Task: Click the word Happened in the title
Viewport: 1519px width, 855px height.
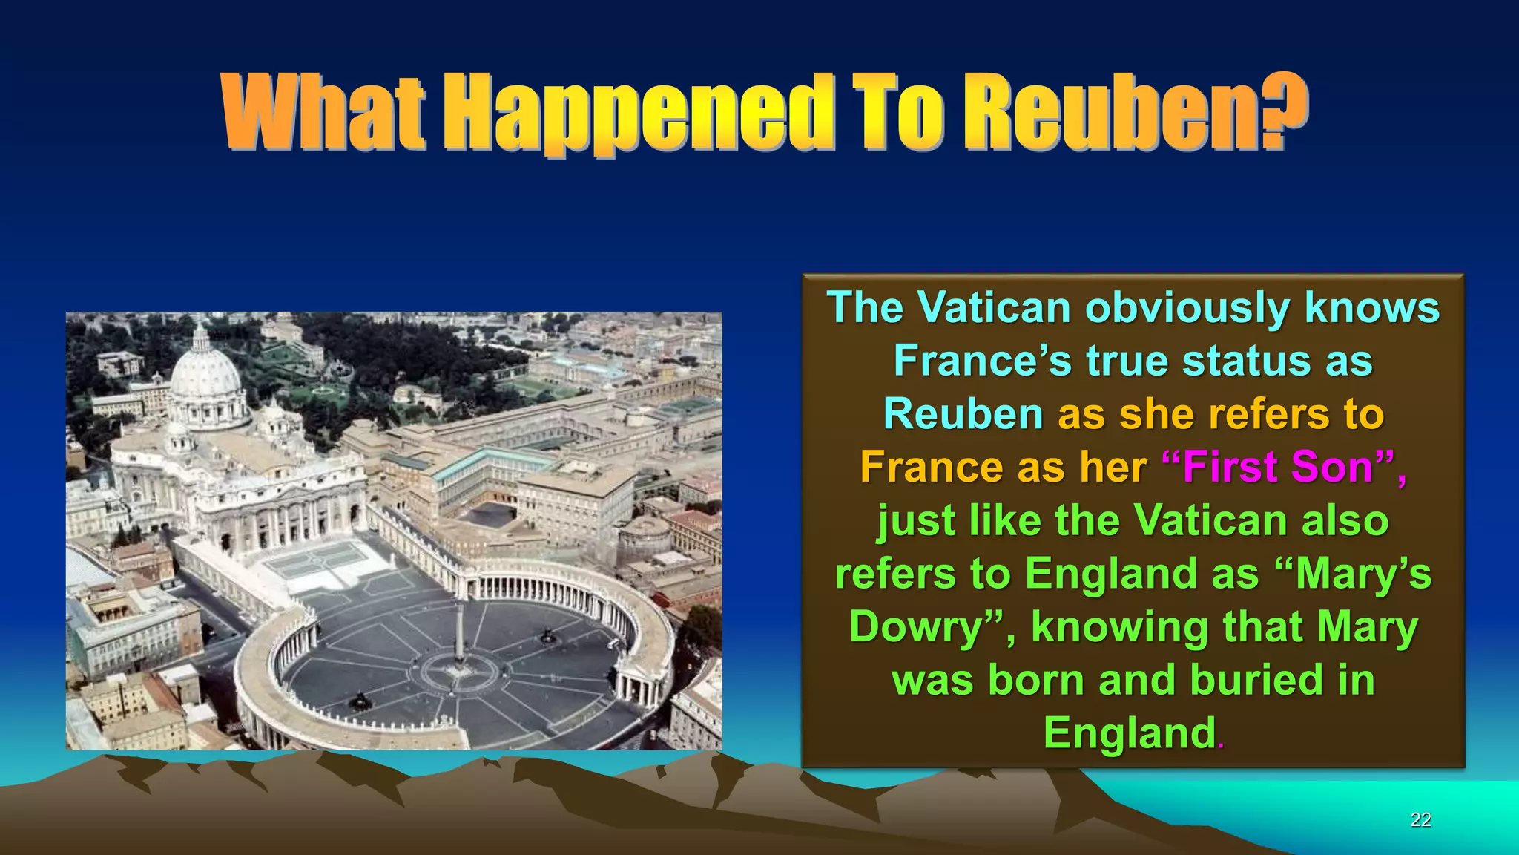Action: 637,113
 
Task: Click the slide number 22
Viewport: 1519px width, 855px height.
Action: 1420,819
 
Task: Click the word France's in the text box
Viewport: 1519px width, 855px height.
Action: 983,361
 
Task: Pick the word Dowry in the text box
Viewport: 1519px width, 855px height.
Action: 916,627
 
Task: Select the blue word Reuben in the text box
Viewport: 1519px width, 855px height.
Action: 963,414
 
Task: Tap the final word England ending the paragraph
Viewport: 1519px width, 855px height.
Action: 1129,733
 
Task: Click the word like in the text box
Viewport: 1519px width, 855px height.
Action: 1003,520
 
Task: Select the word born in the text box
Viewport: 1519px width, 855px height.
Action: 1035,680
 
